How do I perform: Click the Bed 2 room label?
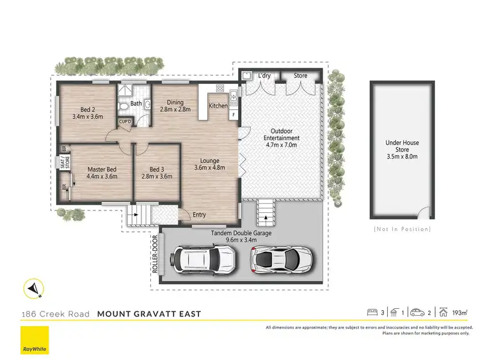coord(88,109)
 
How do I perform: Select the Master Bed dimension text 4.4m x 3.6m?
coord(102,177)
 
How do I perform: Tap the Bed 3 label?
coord(157,169)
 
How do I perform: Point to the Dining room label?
coord(175,102)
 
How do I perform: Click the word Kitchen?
coord(218,106)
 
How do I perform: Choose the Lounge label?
coord(209,160)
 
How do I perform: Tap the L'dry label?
coord(264,75)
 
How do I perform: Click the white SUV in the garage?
coord(200,259)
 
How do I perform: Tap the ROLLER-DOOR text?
coord(156,254)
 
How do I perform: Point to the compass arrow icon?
coord(33,289)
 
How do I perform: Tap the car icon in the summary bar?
coord(418,313)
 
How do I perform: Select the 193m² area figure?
coord(459,313)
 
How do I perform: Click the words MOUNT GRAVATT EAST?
coord(149,313)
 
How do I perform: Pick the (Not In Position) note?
coord(402,229)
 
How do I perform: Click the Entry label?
coord(200,215)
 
